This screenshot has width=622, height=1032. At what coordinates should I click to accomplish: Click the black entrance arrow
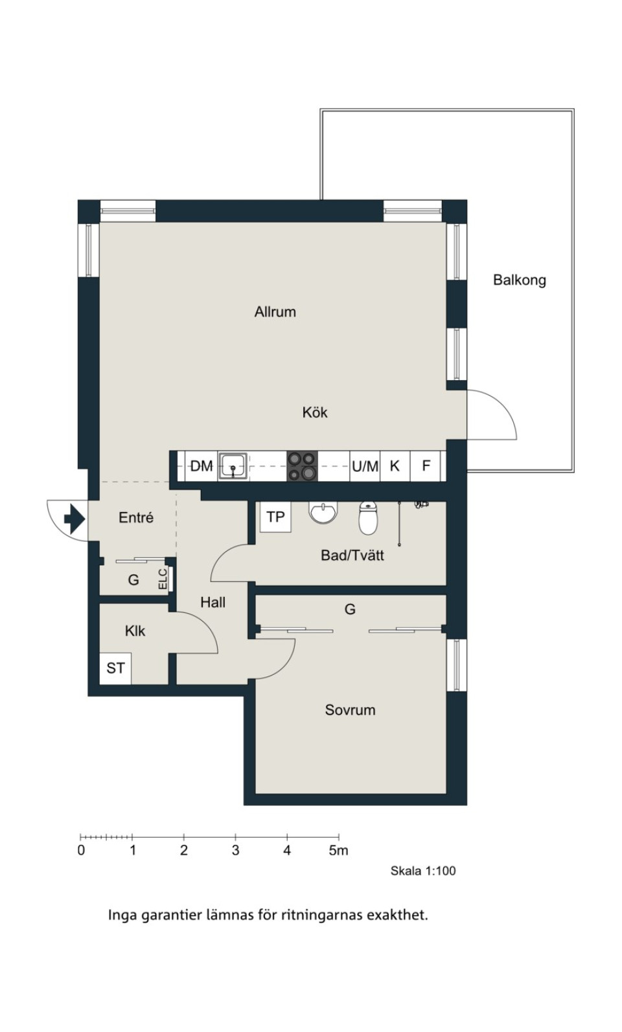tap(75, 519)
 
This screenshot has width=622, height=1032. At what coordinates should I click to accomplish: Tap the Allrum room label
tap(275, 312)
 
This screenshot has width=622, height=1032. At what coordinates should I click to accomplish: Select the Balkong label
tap(520, 280)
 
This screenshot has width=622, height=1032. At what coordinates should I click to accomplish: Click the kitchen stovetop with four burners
tap(302, 466)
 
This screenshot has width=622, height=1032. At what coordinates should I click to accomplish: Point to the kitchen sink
tap(233, 466)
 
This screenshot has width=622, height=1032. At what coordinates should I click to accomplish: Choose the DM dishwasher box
tap(202, 466)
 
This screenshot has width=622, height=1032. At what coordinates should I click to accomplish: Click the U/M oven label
tap(365, 466)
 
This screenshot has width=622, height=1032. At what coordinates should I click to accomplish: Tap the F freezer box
tap(426, 466)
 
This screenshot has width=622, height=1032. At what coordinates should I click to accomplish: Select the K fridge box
tap(395, 466)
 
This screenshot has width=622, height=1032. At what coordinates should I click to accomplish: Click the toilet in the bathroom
tap(368, 518)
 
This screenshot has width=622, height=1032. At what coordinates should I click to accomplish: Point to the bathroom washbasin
tap(323, 512)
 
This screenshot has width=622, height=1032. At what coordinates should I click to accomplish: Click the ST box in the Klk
tap(116, 668)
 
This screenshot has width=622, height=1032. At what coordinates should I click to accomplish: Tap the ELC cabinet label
tap(163, 579)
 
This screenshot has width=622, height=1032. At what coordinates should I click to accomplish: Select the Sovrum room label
tap(350, 710)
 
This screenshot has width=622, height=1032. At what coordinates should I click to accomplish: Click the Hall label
tap(213, 602)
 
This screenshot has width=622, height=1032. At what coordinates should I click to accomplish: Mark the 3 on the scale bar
tap(235, 851)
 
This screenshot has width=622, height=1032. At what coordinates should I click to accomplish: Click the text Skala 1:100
tap(423, 871)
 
